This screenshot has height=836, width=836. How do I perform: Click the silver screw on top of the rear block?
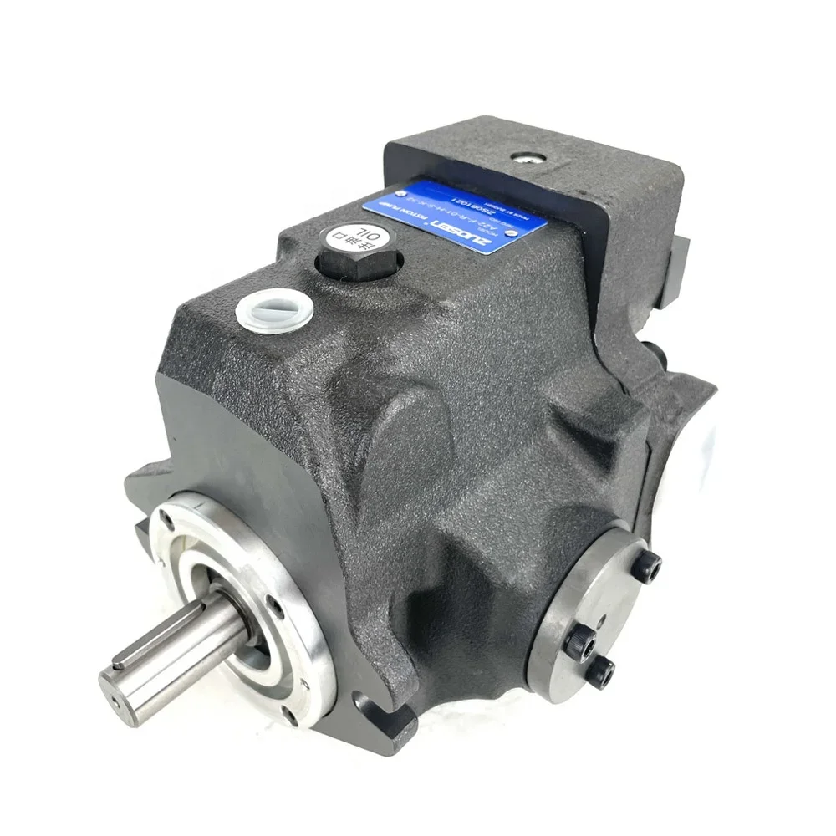pos(501,157)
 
